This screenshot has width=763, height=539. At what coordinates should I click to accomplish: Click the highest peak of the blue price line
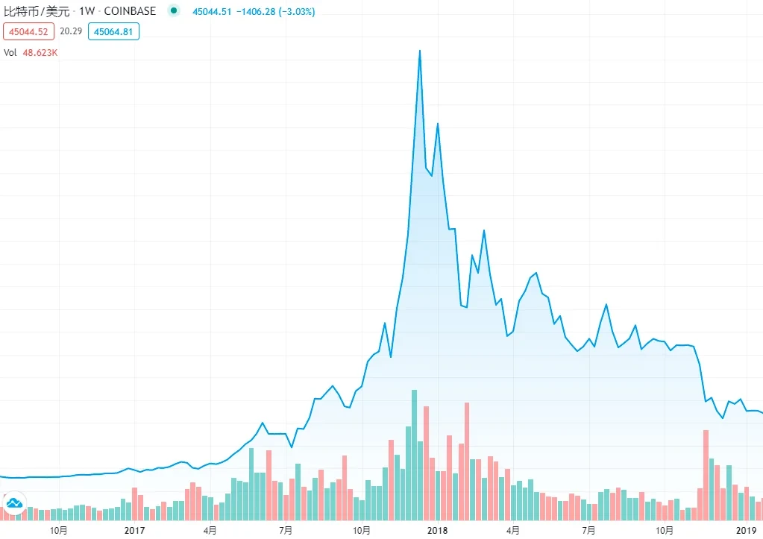coord(420,51)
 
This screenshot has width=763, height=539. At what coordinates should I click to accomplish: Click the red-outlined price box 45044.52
coord(29,31)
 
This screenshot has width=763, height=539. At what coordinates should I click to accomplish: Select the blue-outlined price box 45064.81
coord(113,31)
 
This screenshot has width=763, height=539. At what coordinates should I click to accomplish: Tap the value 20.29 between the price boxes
coord(71,31)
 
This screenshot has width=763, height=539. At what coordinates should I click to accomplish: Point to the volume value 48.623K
coord(41,53)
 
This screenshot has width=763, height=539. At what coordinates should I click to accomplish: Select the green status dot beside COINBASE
coord(174,11)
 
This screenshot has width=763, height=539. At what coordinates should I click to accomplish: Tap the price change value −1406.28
coord(251,11)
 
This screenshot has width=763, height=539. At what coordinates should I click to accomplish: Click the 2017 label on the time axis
coord(134,530)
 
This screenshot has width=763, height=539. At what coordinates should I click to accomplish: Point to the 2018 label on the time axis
coord(437,530)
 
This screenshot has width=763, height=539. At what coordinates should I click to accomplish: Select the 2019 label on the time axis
coord(746,530)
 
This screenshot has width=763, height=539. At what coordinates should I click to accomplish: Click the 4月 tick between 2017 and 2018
coord(210,530)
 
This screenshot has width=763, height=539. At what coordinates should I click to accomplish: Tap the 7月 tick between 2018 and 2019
coord(589,530)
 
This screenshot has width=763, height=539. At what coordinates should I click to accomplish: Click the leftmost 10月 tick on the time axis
coord(58,530)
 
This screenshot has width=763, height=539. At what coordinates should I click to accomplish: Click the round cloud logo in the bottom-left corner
coord(13,505)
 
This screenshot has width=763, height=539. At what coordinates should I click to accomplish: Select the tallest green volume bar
coord(414,455)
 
